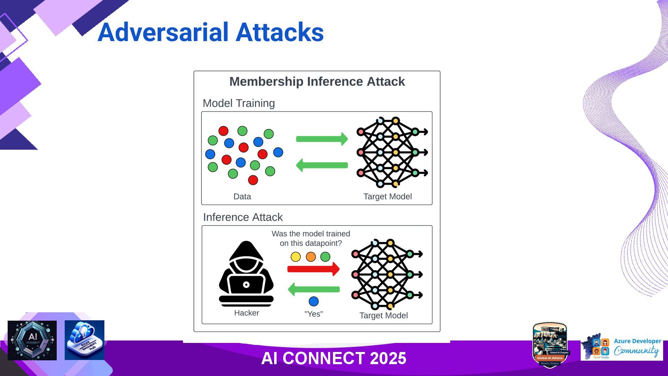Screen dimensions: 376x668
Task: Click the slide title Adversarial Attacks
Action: click(x=210, y=32)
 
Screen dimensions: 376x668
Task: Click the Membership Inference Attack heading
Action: click(x=317, y=81)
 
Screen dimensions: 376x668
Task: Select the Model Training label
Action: click(x=239, y=103)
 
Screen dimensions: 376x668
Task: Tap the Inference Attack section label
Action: click(x=243, y=217)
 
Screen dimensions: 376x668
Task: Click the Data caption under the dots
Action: click(x=242, y=196)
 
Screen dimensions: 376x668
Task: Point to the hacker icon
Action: click(x=246, y=273)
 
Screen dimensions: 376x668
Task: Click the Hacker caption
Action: click(x=246, y=313)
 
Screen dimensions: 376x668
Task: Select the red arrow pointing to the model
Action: click(x=313, y=269)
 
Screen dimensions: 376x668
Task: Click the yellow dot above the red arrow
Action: click(x=295, y=257)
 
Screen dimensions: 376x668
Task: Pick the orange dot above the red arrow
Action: click(x=311, y=257)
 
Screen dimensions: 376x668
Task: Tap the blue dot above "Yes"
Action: click(x=313, y=301)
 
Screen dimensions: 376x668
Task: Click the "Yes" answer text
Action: click(x=313, y=314)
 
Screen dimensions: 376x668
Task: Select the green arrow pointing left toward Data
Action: click(x=322, y=165)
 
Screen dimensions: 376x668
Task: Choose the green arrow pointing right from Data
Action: click(x=322, y=139)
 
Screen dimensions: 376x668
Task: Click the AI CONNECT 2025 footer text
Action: click(x=334, y=358)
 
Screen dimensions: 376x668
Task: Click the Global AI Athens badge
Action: click(x=550, y=345)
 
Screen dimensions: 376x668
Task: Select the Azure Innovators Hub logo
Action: click(x=85, y=340)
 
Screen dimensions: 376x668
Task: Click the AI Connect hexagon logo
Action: click(x=32, y=340)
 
